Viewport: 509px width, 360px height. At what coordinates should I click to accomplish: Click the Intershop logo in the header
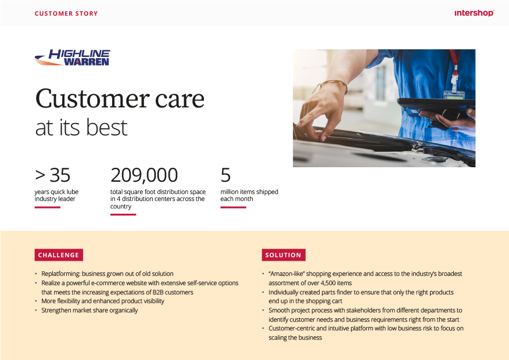point(474,13)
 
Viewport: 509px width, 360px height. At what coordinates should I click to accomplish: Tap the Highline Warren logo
point(72,57)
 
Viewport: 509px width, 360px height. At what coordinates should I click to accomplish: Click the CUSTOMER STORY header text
point(66,13)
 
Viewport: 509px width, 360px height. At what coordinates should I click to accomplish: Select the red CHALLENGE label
point(59,255)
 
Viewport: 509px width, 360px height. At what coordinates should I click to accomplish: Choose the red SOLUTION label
point(284,255)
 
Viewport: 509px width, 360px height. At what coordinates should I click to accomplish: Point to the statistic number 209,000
point(144,175)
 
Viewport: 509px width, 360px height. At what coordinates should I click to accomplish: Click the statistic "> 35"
point(53,175)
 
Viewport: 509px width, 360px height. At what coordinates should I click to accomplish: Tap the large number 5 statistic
point(225,175)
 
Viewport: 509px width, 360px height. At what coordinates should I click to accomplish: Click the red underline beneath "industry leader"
point(48,207)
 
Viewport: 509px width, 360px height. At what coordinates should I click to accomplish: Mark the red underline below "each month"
point(233,207)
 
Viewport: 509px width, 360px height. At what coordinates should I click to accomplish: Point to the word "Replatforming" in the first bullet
point(60,273)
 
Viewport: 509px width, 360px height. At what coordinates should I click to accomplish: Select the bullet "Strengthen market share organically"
point(89,310)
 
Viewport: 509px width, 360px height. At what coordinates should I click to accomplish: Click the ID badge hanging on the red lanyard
point(454,96)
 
